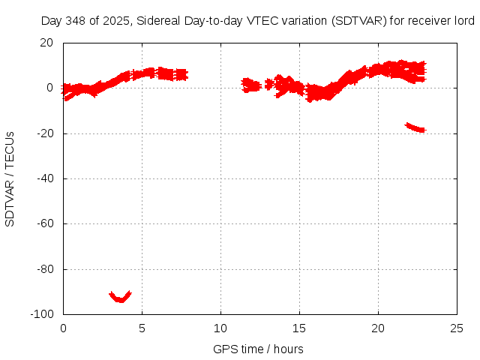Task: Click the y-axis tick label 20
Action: click(46, 43)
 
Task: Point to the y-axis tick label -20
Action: click(43, 133)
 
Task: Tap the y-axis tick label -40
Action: click(43, 178)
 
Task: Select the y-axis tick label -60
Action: click(43, 223)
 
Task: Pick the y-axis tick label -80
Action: click(43, 269)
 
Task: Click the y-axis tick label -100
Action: click(41, 314)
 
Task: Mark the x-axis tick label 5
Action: click(142, 328)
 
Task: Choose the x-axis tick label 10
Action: click(220, 328)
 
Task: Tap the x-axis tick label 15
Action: click(299, 328)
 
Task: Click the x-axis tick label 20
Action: click(378, 328)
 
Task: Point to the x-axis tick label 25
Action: click(457, 328)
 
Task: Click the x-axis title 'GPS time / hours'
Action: click(258, 349)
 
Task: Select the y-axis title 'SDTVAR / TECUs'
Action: click(10, 178)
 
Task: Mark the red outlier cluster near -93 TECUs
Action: click(120, 297)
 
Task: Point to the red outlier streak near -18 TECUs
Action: click(415, 127)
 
